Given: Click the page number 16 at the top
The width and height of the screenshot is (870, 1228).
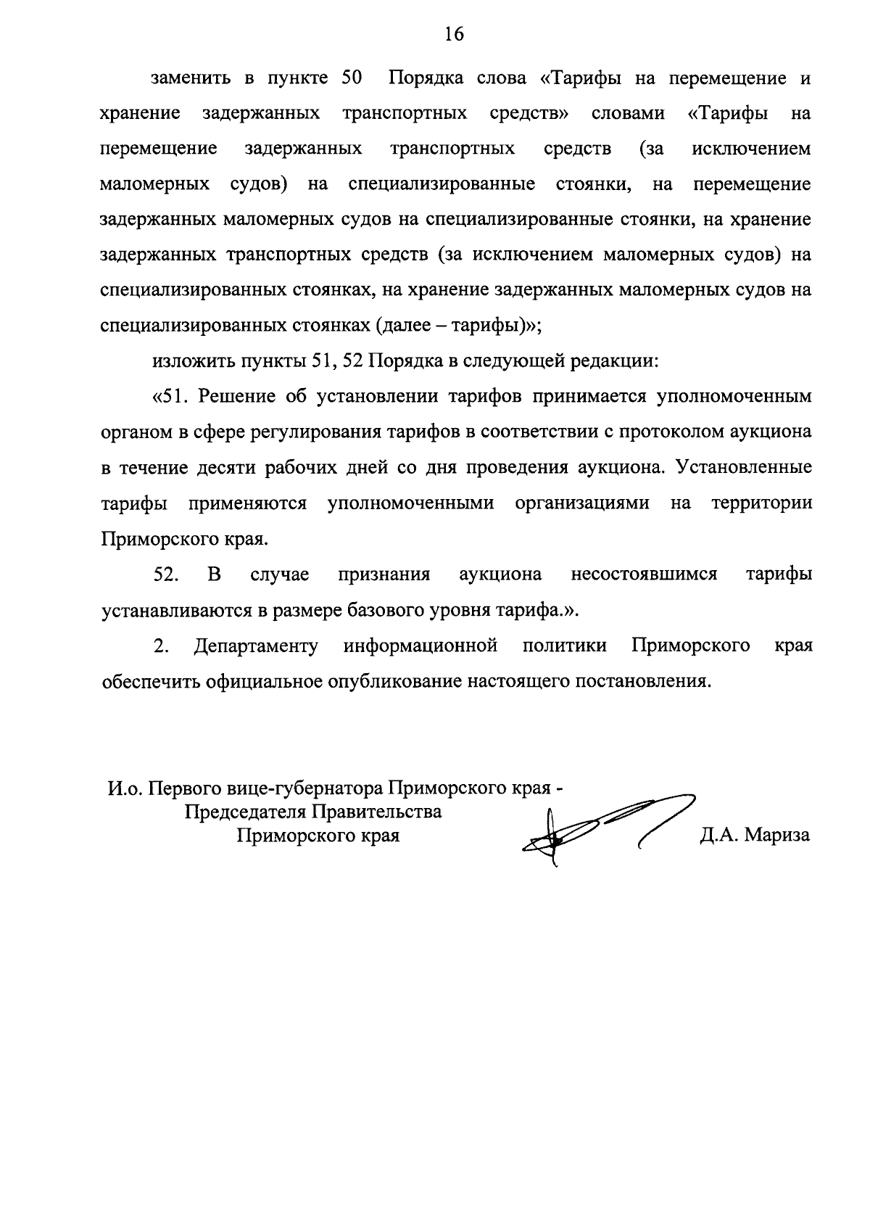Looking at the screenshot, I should [454, 33].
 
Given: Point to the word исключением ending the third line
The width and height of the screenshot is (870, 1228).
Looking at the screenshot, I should [751, 149].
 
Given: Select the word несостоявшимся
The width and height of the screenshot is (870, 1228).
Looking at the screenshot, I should [644, 574].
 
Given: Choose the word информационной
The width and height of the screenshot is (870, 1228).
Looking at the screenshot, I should [420, 646].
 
